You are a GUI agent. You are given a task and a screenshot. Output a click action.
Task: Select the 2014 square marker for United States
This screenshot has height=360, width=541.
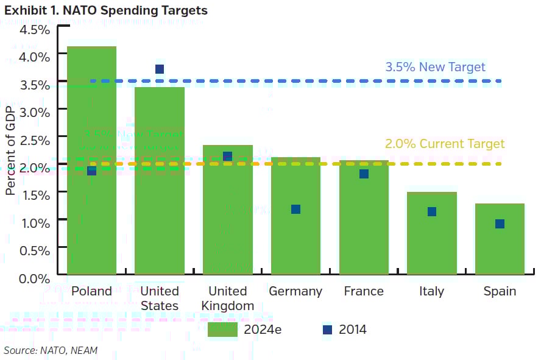(x=160, y=69)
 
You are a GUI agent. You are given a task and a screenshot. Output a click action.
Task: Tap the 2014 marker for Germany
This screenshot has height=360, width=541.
(x=295, y=209)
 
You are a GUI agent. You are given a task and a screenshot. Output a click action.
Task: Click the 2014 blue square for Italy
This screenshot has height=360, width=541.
(x=432, y=211)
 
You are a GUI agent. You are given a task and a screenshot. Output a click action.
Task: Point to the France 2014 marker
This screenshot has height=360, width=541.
(x=364, y=174)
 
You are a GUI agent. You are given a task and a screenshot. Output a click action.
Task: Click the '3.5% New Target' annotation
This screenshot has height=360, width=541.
(x=435, y=67)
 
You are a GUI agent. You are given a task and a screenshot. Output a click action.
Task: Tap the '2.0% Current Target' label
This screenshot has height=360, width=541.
(x=445, y=144)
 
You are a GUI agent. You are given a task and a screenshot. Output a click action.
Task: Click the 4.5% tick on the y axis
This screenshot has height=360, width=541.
(x=34, y=30)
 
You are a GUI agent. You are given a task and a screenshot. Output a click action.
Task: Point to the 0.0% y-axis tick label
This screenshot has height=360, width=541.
(x=34, y=278)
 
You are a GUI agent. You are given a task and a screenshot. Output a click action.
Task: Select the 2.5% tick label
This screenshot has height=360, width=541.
(x=34, y=140)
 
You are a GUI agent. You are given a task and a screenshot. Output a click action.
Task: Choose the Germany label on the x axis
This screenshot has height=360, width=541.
(x=295, y=291)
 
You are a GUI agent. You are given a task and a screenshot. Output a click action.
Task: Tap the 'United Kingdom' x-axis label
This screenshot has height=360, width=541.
(x=227, y=298)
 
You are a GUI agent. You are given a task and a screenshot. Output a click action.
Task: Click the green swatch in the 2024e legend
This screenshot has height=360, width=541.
(x=222, y=330)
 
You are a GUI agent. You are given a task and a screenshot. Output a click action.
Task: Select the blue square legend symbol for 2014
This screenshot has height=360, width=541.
(x=328, y=330)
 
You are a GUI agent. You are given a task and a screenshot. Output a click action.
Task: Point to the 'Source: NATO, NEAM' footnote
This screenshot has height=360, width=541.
(x=51, y=350)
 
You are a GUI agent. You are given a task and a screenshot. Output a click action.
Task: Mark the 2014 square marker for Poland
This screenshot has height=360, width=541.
(x=91, y=171)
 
